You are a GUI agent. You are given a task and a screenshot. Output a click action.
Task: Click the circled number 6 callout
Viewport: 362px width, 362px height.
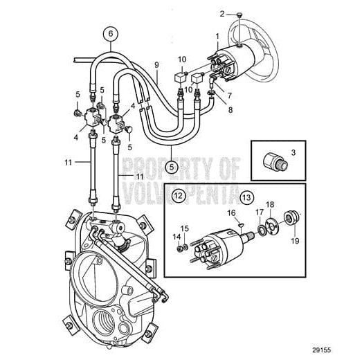point(109,33)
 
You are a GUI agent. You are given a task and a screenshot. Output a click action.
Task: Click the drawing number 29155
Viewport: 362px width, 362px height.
point(337,350)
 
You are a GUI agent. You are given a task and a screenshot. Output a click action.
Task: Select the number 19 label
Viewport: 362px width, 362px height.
point(296,242)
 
